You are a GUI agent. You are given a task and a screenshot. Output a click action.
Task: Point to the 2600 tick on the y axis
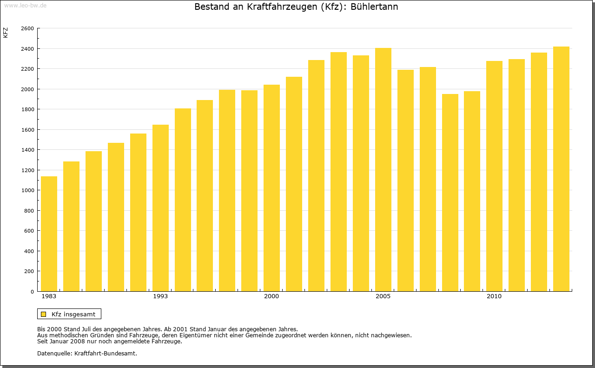(x=27, y=28)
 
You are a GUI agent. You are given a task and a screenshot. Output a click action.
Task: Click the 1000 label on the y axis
(x=27, y=190)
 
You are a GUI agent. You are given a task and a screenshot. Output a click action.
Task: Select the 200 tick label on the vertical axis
(x=29, y=271)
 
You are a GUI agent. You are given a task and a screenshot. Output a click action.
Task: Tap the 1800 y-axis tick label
(x=27, y=109)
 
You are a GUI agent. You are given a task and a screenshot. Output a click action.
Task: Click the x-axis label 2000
(x=271, y=296)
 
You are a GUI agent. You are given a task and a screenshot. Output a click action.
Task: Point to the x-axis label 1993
(x=160, y=296)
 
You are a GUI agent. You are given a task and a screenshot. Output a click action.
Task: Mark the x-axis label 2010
(x=494, y=296)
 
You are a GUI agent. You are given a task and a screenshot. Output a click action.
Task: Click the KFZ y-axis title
(x=6, y=33)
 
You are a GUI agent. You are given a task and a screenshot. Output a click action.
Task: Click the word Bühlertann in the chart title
(x=374, y=7)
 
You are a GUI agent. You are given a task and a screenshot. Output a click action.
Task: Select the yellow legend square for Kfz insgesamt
(x=44, y=314)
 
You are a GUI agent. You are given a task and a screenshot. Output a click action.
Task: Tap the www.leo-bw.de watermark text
(x=25, y=5)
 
